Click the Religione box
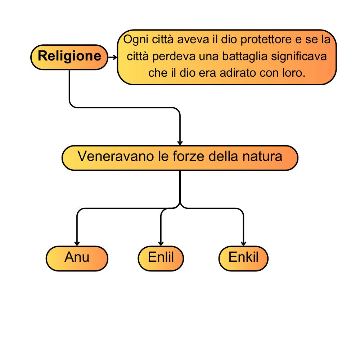coord(69,57)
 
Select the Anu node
coord(77,258)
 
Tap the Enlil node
coord(161,258)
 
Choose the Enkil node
coord(243,258)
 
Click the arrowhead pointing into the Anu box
coord(77,244)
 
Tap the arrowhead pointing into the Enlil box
coord(161,244)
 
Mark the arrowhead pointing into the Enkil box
coord(244,244)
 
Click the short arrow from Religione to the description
coord(112,57)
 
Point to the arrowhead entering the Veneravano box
coord(180,143)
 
